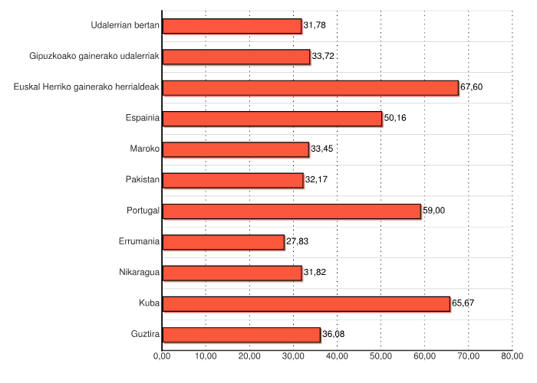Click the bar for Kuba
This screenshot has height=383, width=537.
tap(306, 304)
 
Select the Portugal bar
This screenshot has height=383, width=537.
tap(292, 211)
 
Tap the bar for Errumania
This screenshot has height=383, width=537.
tap(223, 242)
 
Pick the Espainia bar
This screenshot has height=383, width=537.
tap(272, 119)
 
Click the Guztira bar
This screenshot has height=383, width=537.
tap(242, 335)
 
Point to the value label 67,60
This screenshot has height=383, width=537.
tap(471, 87)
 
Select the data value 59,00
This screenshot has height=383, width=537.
tap(433, 211)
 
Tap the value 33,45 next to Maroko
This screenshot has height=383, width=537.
tap(321, 149)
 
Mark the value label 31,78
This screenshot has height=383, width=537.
tap(315, 26)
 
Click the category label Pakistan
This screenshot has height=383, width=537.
tap(143, 180)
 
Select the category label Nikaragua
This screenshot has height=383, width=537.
tap(140, 273)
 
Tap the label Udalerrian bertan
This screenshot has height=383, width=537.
tap(125, 26)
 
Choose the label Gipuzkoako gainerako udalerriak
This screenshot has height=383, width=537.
tap(94, 57)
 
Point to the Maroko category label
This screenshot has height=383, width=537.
tap(145, 149)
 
